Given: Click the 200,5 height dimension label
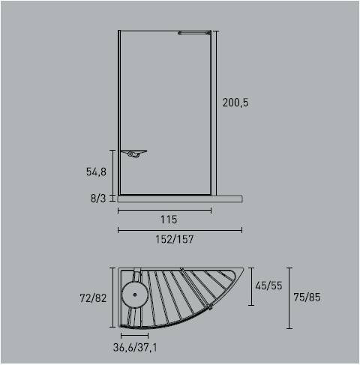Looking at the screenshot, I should (235, 103).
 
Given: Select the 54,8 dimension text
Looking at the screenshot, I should (96, 172).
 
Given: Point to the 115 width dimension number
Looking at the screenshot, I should (168, 220).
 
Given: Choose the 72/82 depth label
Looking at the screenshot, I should (94, 298).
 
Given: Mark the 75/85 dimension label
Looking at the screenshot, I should (307, 298).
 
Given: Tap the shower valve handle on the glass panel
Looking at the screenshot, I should (133, 154).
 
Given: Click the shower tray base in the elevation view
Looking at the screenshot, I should (180, 199).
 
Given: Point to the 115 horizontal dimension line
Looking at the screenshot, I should (164, 211).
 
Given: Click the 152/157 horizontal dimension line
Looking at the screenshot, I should (180, 231).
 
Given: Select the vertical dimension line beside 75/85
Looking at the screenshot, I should (289, 298).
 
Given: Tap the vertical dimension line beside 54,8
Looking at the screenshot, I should (112, 172).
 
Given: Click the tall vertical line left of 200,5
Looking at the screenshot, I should (217, 112).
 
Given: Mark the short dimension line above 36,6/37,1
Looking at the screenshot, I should (136, 336).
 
